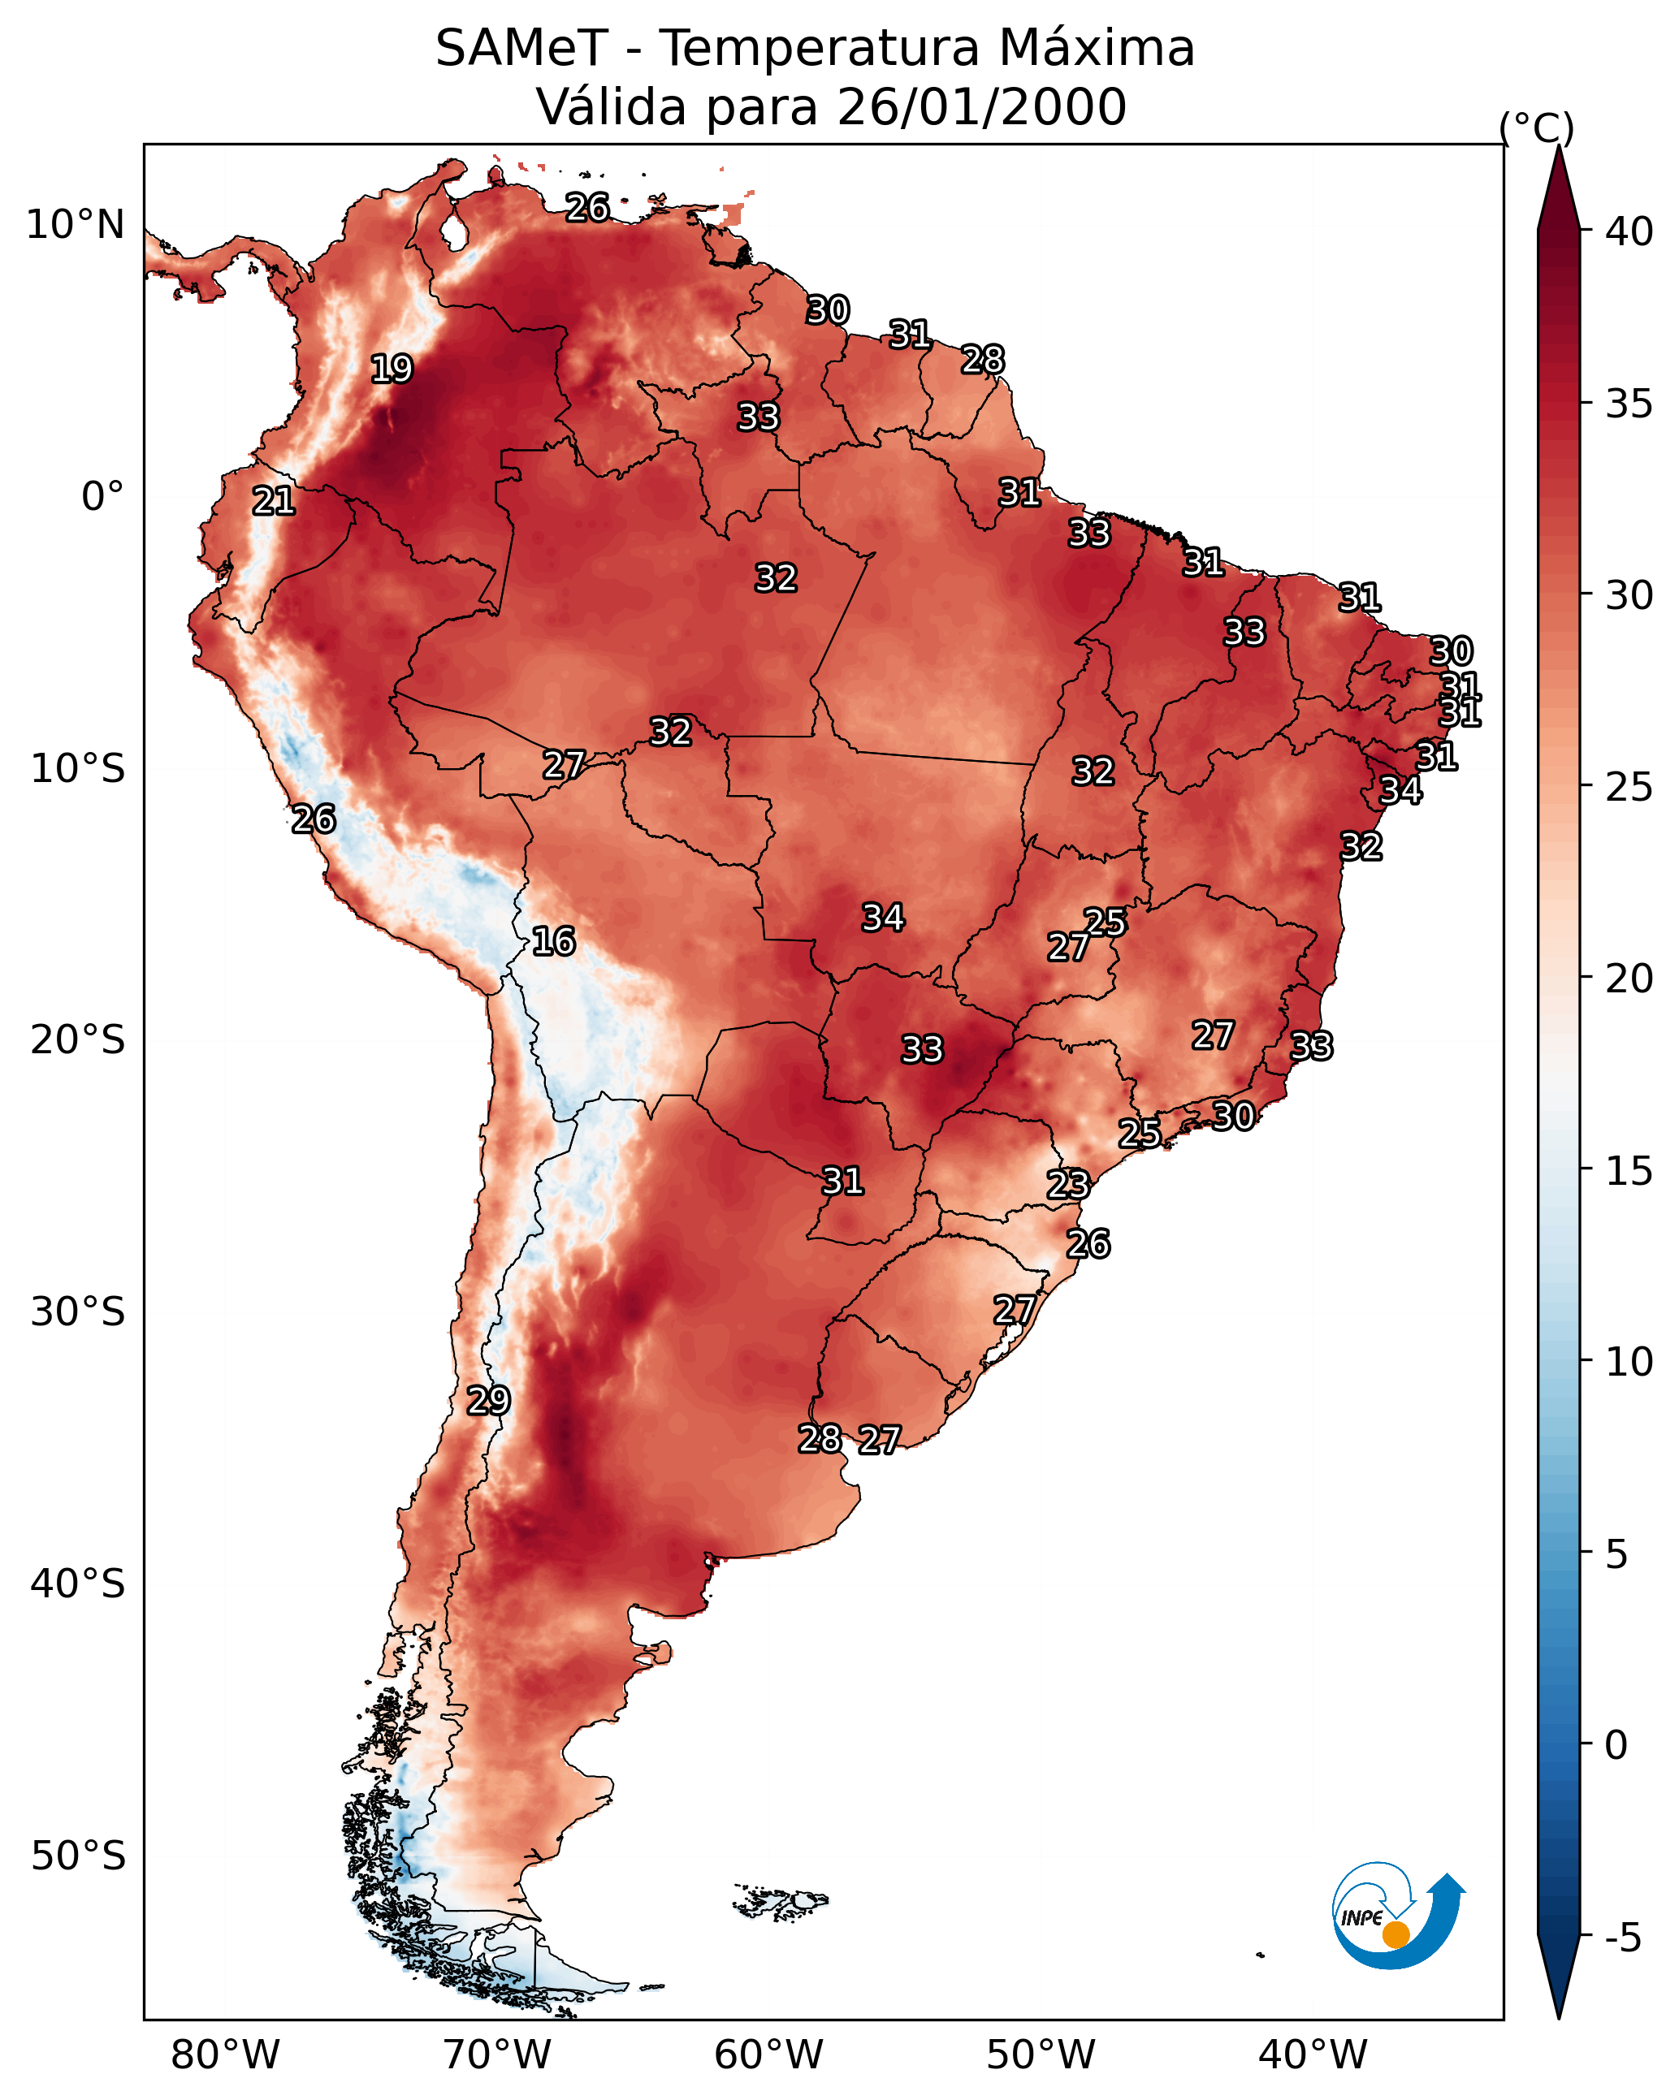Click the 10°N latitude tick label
(75, 225)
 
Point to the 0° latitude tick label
(102, 497)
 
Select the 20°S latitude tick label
(78, 1040)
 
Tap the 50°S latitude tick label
(78, 1856)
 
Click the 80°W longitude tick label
(225, 2056)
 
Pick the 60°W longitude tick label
(769, 2056)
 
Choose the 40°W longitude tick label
(1313, 2056)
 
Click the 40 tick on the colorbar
(1629, 231)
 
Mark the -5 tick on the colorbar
(1622, 1938)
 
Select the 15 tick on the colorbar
(1629, 1171)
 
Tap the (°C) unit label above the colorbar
(1537, 127)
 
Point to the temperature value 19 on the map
(392, 369)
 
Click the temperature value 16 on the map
(553, 941)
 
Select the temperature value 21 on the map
(274, 501)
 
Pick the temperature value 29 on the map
(488, 1400)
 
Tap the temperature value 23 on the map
(1068, 1185)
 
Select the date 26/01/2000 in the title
(981, 107)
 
